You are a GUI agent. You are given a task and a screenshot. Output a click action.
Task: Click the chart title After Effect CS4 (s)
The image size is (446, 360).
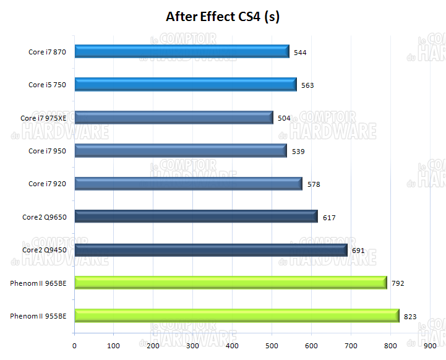tap(223, 17)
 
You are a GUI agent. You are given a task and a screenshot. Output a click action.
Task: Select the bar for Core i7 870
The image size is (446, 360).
tap(182, 51)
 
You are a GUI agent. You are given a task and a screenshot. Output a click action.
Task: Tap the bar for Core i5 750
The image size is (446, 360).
tap(186, 85)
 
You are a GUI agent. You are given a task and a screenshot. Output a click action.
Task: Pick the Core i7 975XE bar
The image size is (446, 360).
tap(174, 118)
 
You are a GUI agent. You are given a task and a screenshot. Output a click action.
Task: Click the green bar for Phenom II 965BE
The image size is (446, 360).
tap(231, 283)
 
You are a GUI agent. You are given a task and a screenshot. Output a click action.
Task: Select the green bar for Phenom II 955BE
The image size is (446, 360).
tap(237, 316)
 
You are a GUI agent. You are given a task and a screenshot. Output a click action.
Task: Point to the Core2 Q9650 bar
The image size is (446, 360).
tap(196, 216)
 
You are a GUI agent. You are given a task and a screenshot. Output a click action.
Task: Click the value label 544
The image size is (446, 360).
tap(300, 53)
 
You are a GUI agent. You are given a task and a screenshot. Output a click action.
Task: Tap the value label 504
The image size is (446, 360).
tap(284, 118)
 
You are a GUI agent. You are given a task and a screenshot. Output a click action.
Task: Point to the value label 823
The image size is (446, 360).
tap(410, 317)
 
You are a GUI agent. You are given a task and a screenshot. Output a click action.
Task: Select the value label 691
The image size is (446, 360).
tap(358, 251)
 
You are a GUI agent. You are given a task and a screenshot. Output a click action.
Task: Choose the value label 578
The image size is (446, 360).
tap(314, 184)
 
